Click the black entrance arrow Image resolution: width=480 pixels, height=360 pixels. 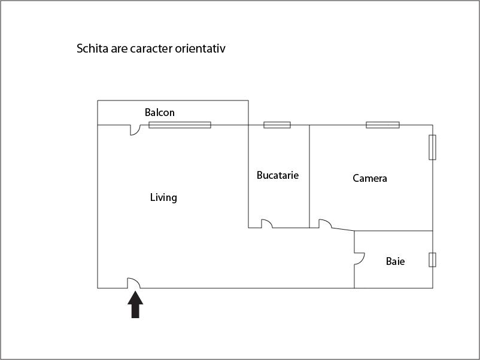(135, 304)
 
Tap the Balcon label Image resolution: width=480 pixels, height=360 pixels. (159, 112)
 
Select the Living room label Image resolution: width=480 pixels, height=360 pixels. (163, 197)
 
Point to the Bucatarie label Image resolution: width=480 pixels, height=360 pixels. (278, 175)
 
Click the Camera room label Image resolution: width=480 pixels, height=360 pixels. (370, 178)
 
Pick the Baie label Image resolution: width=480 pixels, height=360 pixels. (395, 261)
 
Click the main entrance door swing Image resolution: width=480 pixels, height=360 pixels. (134, 283)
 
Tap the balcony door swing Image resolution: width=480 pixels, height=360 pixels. (135, 130)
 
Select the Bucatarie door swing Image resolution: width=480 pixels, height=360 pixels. (266, 224)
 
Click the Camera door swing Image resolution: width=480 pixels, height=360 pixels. (325, 224)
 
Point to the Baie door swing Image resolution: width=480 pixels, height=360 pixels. (359, 259)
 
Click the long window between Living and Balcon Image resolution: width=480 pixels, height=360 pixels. (180, 125)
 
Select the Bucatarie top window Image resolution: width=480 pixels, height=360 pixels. (277, 125)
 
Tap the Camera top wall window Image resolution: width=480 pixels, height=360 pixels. (382, 125)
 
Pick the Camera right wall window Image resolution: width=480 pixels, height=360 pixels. (432, 147)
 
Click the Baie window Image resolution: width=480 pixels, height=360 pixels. (432, 260)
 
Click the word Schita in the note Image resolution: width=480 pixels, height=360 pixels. (92, 48)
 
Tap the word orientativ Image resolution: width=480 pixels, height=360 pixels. (200, 48)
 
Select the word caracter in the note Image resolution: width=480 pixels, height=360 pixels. (151, 49)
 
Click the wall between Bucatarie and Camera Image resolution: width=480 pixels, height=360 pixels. (309, 176)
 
